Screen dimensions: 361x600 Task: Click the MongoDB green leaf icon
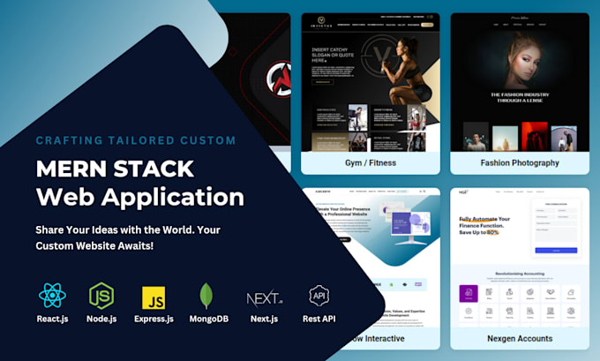tap(206, 295)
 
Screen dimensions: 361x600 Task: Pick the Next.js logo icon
tap(263, 295)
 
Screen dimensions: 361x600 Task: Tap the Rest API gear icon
tap(318, 295)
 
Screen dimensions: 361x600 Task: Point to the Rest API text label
tap(318, 319)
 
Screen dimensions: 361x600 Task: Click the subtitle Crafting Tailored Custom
tap(135, 140)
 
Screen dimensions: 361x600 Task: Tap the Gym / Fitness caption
tap(370, 162)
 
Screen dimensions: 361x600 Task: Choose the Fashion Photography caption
tap(520, 162)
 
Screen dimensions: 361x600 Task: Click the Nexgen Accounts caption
tap(519, 338)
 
